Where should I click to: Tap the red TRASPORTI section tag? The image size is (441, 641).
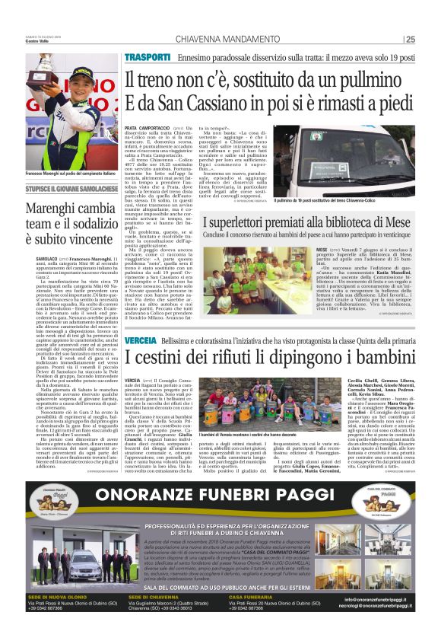[148, 57]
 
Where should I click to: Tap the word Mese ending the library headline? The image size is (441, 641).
[401, 222]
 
